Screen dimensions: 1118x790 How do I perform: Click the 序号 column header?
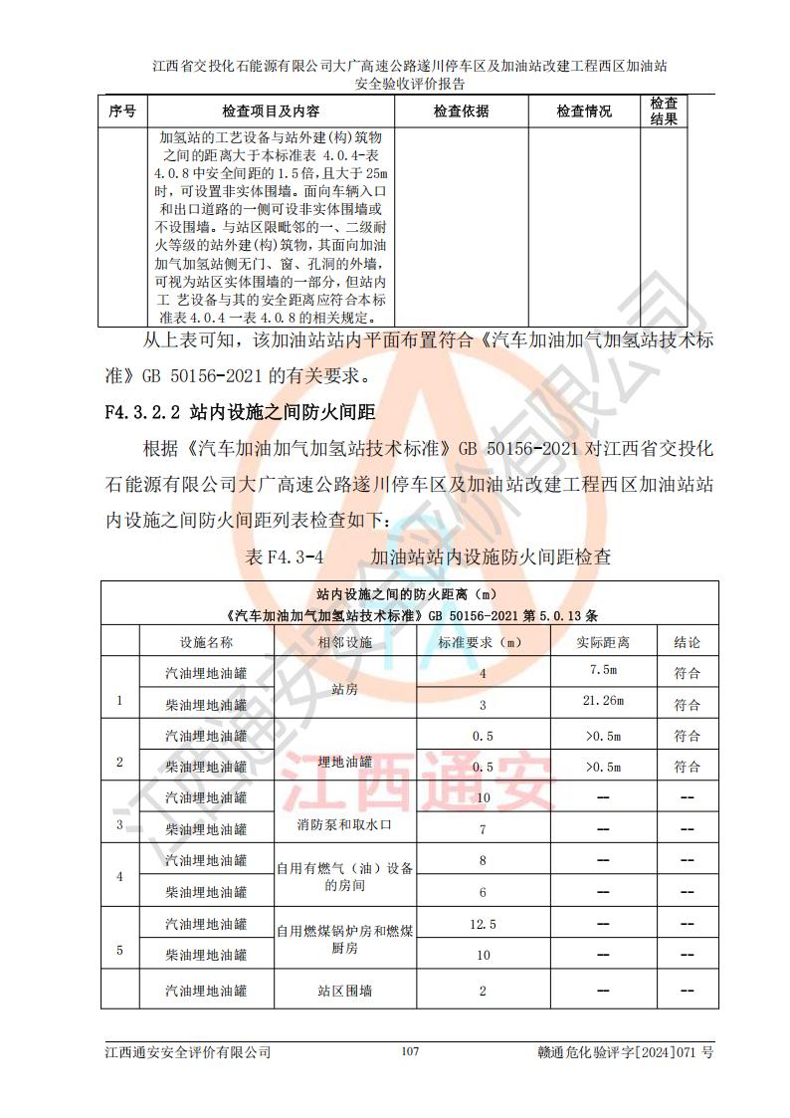tap(122, 112)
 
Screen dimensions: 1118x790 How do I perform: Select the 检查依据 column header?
tap(461, 112)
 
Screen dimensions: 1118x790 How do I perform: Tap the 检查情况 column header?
tap(584, 112)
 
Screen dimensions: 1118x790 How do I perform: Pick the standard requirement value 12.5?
tap(483, 924)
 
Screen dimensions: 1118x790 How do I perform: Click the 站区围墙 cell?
tap(345, 991)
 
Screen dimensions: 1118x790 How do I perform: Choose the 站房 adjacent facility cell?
tap(345, 687)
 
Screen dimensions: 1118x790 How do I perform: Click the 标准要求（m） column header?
tap(483, 642)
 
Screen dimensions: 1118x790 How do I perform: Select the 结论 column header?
tap(687, 642)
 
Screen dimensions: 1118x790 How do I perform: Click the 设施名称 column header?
tap(206, 642)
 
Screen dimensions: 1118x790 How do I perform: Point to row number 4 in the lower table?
tap(120, 877)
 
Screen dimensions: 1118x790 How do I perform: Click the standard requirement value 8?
tap(483, 860)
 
